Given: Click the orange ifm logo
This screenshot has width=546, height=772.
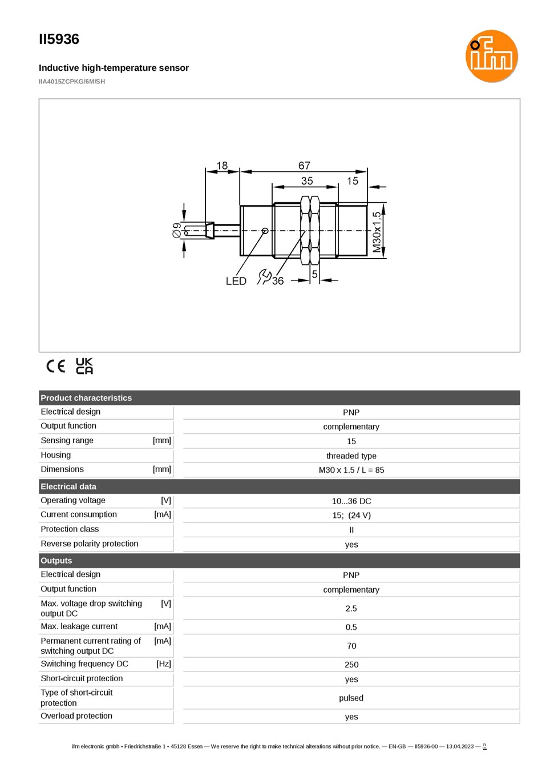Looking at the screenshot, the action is pyautogui.click(x=491, y=56).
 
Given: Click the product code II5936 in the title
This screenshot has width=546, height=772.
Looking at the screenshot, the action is pyautogui.click(x=59, y=39).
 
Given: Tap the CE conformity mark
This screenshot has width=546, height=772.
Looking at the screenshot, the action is pyautogui.click(x=55, y=366).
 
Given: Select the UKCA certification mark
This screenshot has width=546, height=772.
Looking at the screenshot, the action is pyautogui.click(x=84, y=366).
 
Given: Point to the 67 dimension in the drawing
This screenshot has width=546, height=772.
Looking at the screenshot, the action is pyautogui.click(x=304, y=166).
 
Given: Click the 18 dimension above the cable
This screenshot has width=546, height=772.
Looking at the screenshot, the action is pyautogui.click(x=222, y=166).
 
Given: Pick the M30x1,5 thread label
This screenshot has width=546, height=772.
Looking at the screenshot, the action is pyautogui.click(x=377, y=232).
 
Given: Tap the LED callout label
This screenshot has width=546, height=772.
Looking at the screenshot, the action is pyautogui.click(x=236, y=281).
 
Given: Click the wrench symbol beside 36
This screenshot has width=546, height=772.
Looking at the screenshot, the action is pyautogui.click(x=264, y=277).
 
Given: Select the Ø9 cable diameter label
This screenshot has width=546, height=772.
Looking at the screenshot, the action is pyautogui.click(x=177, y=230).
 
